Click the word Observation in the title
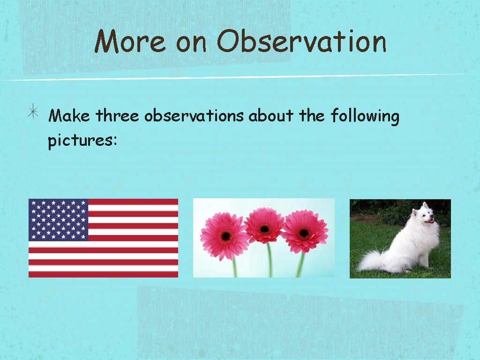pyautogui.click(x=301, y=42)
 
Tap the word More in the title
pyautogui.click(x=130, y=42)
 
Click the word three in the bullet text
pyautogui.click(x=117, y=116)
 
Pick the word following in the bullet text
pyautogui.click(x=365, y=116)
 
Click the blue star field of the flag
pyautogui.click(x=58, y=219)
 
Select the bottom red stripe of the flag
pyautogui.click(x=103, y=274)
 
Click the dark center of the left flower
pyautogui.click(x=225, y=236)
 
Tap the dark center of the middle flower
pyautogui.click(x=265, y=229)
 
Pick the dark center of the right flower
pyautogui.click(x=304, y=232)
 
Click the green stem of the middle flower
pyautogui.click(x=269, y=260)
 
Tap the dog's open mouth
pyautogui.click(x=428, y=221)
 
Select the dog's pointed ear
pyautogui.click(x=424, y=205)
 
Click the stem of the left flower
pyautogui.click(x=234, y=267)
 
